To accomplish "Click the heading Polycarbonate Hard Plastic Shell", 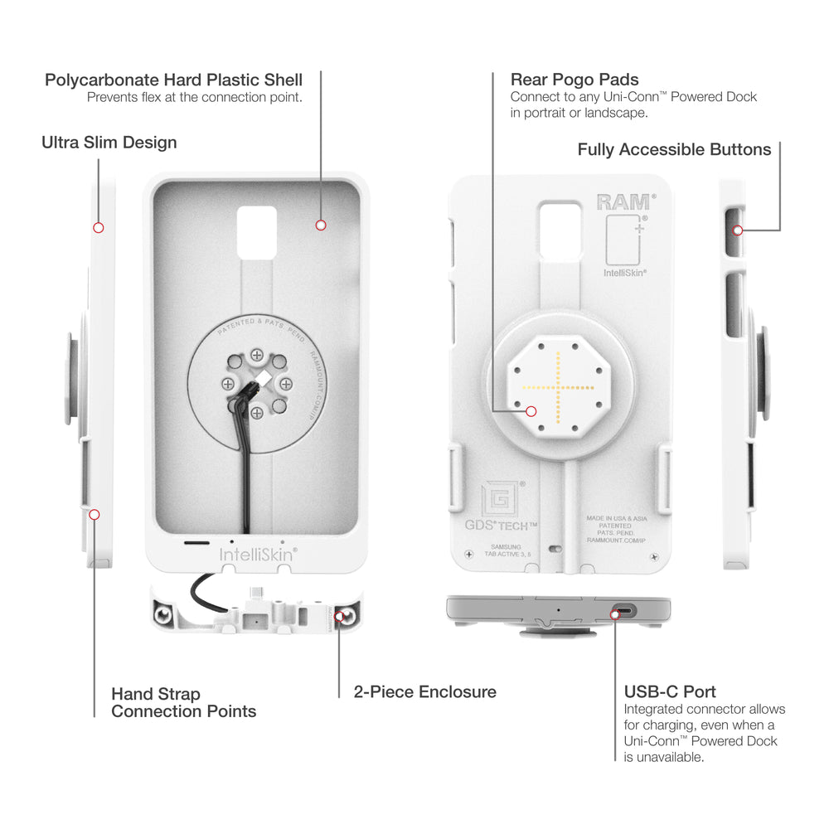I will [173, 80].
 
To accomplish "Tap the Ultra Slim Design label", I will [109, 143].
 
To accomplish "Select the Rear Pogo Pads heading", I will [574, 80].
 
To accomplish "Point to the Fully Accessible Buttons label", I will [674, 150].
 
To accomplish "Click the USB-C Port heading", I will [670, 691].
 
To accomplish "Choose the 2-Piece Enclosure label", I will [424, 691].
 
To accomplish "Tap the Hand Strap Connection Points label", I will [183, 702].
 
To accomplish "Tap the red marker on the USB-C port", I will [615, 614].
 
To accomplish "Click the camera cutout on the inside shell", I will [256, 231].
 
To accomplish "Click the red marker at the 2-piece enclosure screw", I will [339, 615].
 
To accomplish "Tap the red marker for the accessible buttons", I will [737, 230].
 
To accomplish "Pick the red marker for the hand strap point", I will [95, 515].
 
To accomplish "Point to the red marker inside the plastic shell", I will [321, 225].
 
